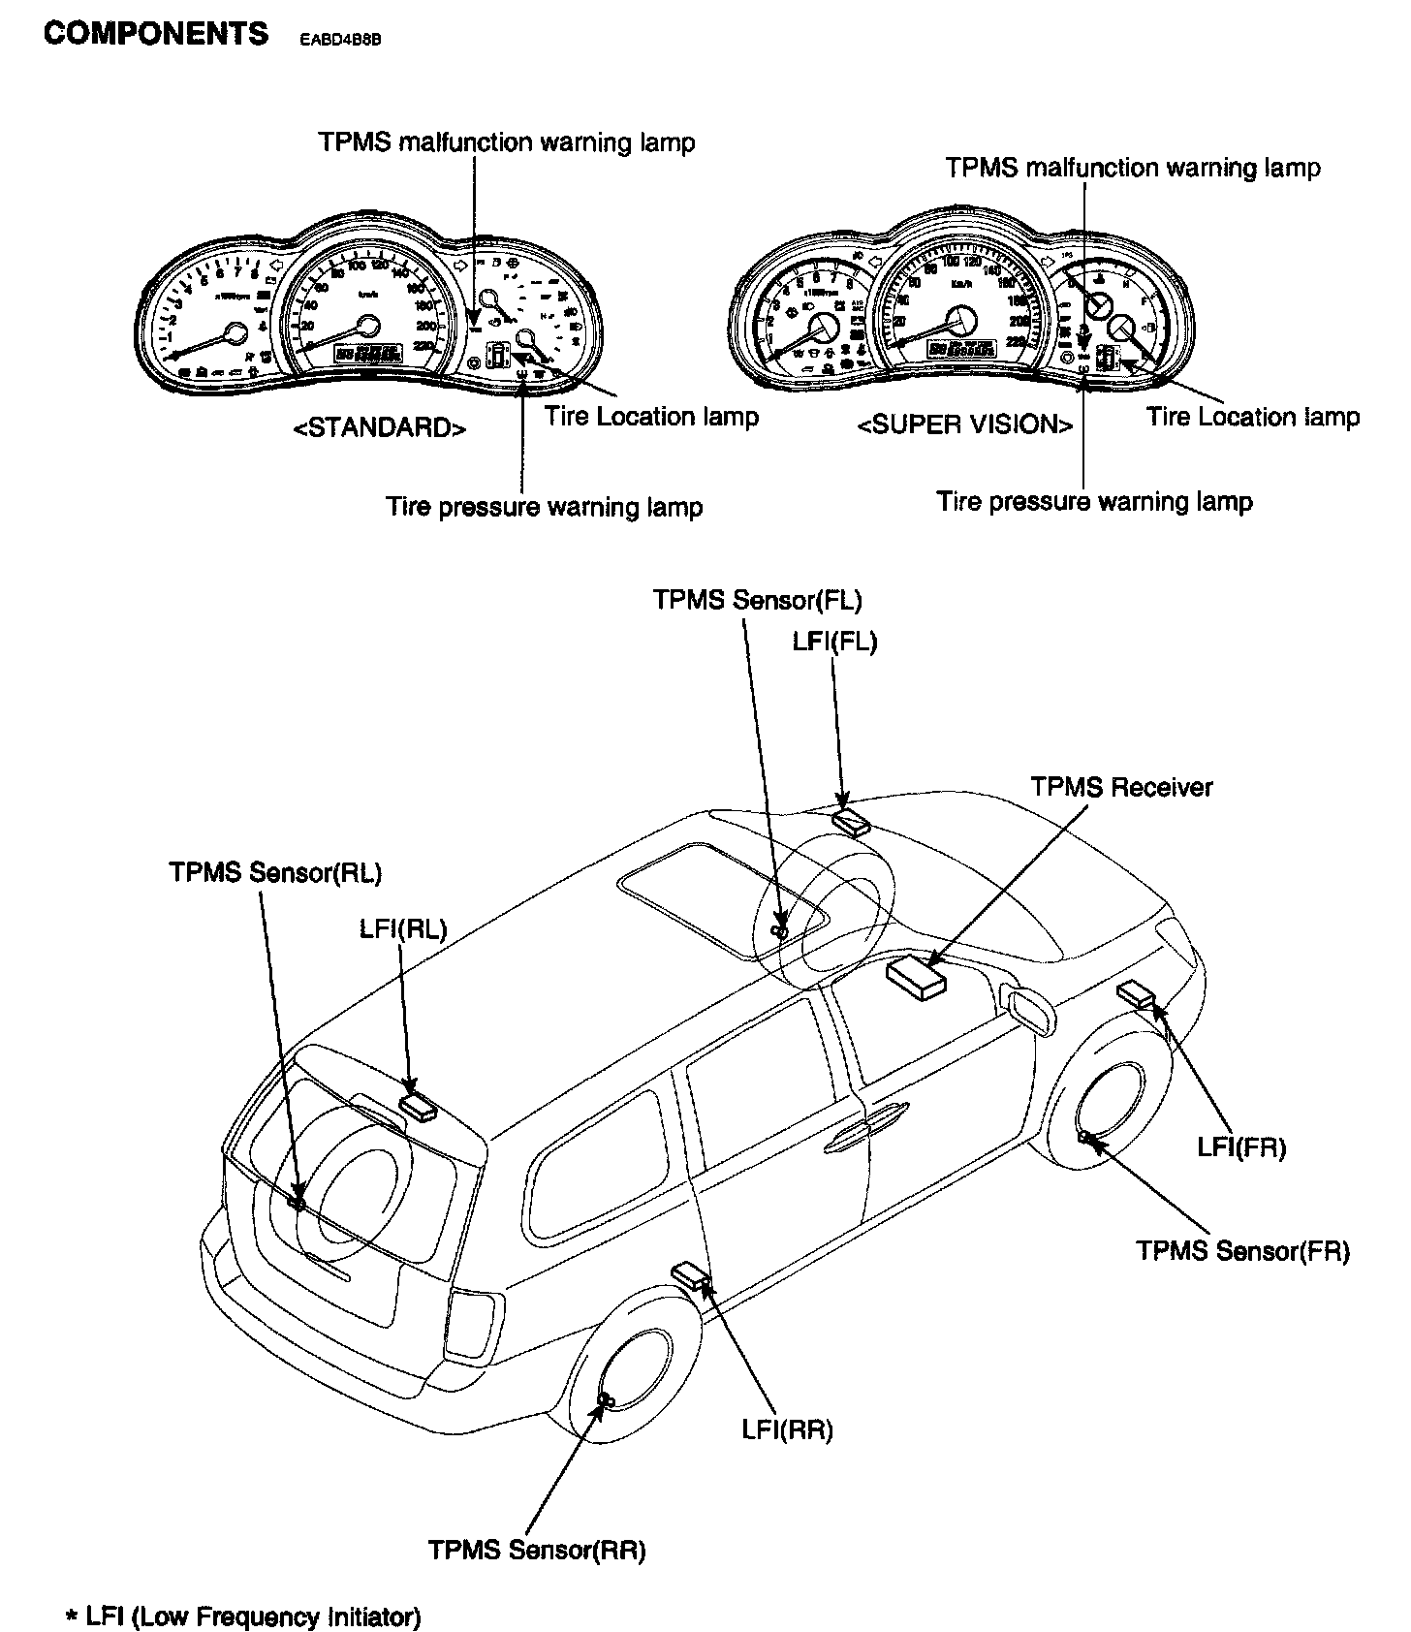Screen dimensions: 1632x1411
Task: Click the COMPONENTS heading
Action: [x=156, y=34]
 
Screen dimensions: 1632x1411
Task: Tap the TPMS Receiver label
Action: [x=1121, y=787]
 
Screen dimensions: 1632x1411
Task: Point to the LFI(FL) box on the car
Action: [x=851, y=821]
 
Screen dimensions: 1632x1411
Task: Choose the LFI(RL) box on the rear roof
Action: [x=420, y=1105]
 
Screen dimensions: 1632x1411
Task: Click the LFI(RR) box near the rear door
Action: [x=693, y=1275]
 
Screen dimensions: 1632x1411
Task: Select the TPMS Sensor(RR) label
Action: [x=537, y=1550]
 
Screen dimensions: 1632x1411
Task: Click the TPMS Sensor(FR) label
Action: [x=1243, y=1250]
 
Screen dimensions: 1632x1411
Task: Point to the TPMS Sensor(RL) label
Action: [x=275, y=872]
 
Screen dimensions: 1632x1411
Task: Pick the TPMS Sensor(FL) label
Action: [x=757, y=599]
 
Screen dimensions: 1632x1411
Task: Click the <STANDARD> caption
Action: [x=379, y=427]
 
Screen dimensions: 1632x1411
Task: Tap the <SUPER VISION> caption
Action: [x=965, y=424]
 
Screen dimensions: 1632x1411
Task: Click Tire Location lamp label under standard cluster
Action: [x=651, y=417]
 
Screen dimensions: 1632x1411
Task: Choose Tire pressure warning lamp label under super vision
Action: [x=1094, y=502]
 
